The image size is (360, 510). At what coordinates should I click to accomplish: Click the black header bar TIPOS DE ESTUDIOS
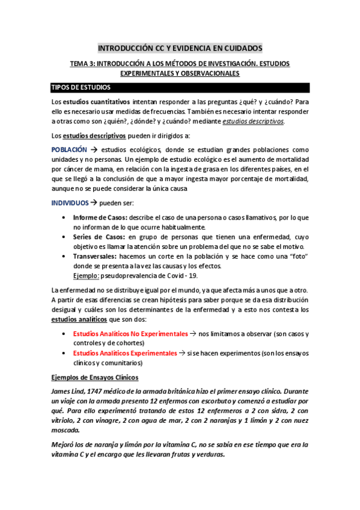180,88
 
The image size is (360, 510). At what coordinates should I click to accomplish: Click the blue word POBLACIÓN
68,149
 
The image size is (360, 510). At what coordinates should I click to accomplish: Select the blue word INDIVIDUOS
70,203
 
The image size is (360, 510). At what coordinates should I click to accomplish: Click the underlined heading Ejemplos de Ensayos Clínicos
95,378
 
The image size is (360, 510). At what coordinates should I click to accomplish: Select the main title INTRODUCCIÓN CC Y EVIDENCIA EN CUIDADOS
180,48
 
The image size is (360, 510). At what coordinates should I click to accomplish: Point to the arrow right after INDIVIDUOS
94,203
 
